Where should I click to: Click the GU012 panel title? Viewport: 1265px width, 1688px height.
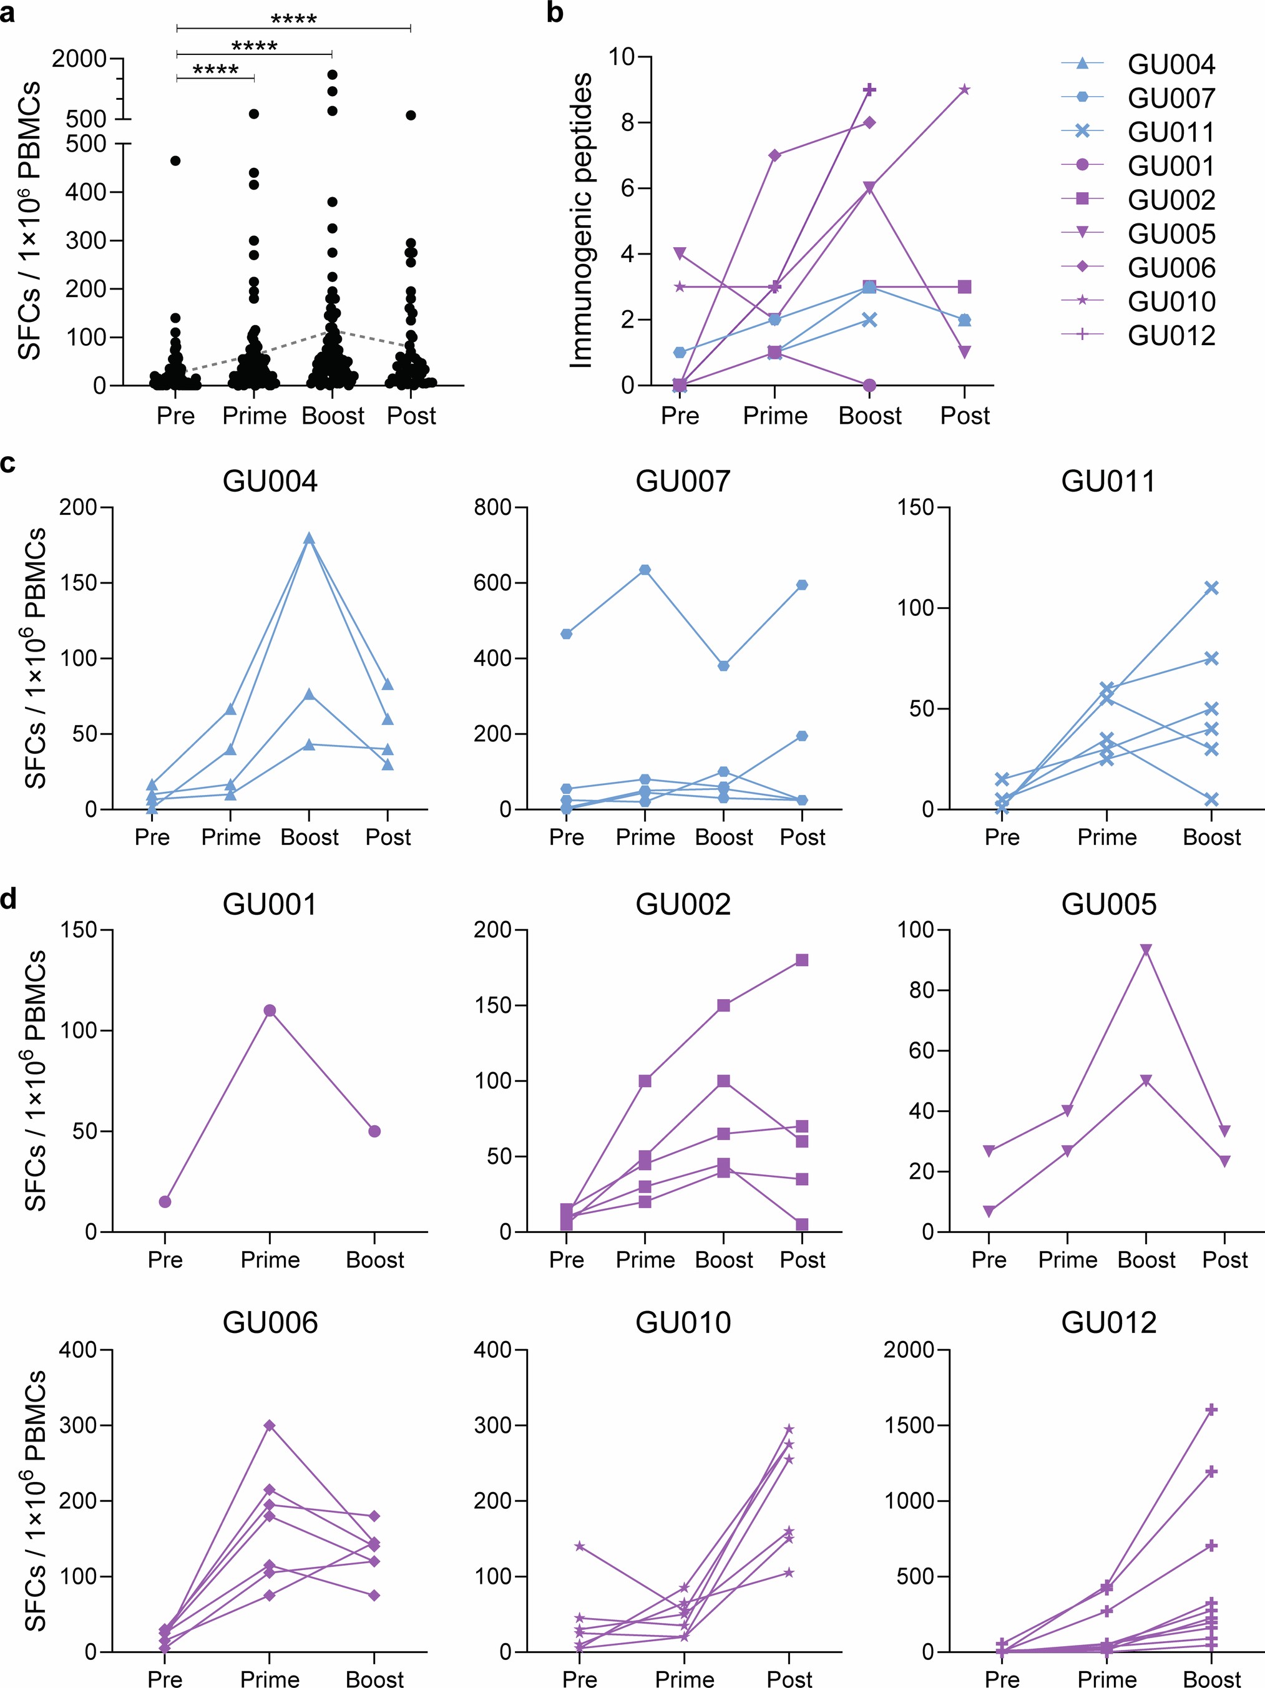(1108, 1322)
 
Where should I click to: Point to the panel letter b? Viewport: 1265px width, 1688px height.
(555, 13)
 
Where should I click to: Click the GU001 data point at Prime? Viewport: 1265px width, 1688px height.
(270, 1010)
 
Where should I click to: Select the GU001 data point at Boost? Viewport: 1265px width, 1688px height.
(374, 1131)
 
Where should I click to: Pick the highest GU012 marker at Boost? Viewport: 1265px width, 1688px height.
(1211, 1410)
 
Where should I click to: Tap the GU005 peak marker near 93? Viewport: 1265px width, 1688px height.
(1145, 949)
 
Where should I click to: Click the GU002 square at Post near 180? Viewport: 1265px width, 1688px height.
(802, 960)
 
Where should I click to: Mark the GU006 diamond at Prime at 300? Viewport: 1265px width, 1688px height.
(270, 1425)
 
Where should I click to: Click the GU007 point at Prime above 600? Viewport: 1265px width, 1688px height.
(645, 569)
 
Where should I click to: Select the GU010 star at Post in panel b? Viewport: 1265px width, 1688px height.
(964, 89)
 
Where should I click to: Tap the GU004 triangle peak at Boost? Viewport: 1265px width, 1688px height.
(309, 538)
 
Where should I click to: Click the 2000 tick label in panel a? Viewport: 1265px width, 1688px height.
(79, 58)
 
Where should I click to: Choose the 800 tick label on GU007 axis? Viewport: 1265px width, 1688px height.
(492, 507)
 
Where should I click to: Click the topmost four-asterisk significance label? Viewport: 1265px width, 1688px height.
(294, 18)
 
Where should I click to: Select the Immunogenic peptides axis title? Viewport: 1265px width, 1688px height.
(582, 222)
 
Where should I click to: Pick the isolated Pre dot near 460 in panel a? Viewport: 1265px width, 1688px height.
(175, 161)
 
